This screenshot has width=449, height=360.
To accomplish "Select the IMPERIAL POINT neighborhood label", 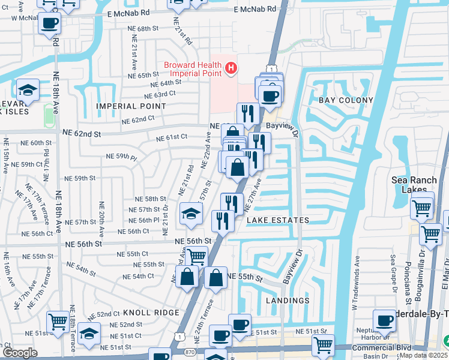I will point(131,106).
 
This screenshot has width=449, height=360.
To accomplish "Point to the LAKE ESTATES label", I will point(278,220).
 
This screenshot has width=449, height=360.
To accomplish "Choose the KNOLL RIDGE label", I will point(151,313).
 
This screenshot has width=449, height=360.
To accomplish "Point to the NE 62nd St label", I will point(80,133).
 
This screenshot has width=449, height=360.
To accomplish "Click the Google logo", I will point(20,353).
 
